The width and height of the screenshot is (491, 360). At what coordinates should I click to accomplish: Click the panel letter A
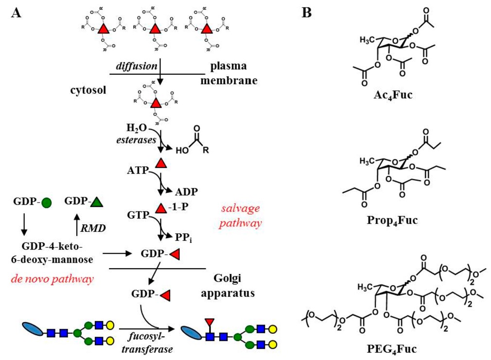[16, 13]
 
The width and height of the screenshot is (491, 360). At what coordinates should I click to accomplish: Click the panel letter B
[306, 13]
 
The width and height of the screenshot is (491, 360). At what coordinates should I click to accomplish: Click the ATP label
[139, 171]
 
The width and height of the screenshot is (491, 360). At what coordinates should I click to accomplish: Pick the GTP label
[138, 214]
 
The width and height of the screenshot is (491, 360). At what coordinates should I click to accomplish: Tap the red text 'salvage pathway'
[240, 216]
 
